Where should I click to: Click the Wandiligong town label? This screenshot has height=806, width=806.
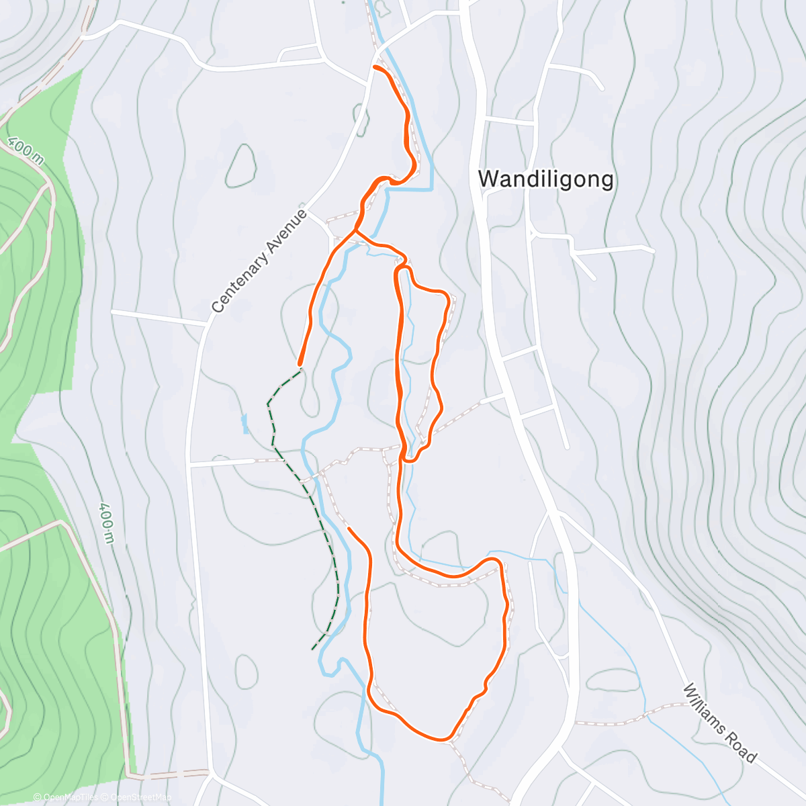pyautogui.click(x=545, y=179)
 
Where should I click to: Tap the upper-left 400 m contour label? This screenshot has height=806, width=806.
pyautogui.click(x=26, y=151)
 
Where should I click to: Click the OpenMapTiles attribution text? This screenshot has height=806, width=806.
pyautogui.click(x=70, y=797)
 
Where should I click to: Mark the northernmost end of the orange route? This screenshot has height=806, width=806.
pyautogui.click(x=374, y=66)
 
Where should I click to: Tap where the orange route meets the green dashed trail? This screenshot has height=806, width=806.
pyautogui.click(x=300, y=367)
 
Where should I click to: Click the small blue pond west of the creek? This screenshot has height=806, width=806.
pyautogui.click(x=244, y=423)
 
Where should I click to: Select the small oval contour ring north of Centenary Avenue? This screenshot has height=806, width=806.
pyautogui.click(x=240, y=165)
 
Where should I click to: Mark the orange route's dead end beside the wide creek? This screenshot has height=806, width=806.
pyautogui.click(x=349, y=529)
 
